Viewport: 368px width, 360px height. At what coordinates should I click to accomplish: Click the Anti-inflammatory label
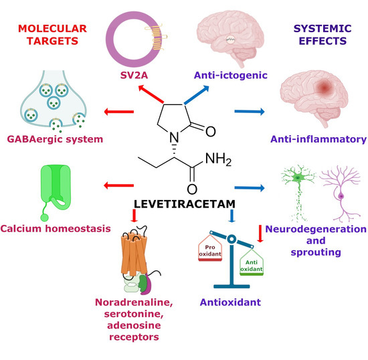coord(318,140)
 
